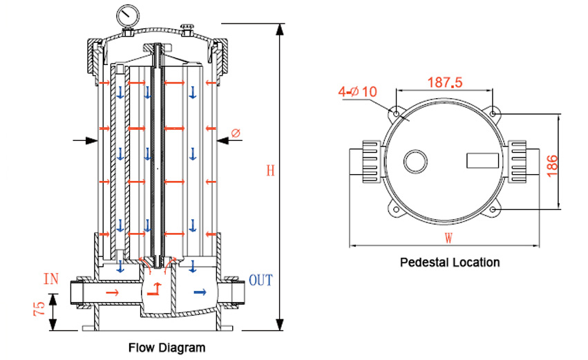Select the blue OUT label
click(x=260, y=280)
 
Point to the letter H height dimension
click(x=270, y=171)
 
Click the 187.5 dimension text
click(x=444, y=82)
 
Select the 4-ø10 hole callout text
click(x=358, y=91)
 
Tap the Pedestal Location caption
click(x=450, y=263)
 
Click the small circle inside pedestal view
click(x=416, y=161)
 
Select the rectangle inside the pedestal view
click(x=482, y=160)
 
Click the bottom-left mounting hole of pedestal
click(x=395, y=209)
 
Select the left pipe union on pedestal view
click(x=367, y=160)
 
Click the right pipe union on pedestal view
click(x=520, y=160)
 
